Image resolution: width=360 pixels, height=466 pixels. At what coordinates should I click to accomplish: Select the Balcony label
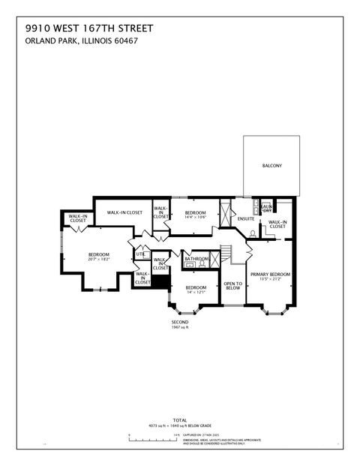tap(271, 166)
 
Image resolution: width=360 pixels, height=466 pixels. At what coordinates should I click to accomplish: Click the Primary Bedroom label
tap(270, 275)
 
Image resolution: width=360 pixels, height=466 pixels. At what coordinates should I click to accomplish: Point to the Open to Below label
tap(232, 285)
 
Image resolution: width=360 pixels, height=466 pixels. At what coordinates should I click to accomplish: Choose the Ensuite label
tap(245, 218)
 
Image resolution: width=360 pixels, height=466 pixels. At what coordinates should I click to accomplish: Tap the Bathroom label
tap(196, 259)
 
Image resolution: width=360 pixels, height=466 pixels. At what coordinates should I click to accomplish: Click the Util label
tap(139, 254)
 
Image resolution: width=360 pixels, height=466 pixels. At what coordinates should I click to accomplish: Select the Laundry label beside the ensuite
tap(265, 208)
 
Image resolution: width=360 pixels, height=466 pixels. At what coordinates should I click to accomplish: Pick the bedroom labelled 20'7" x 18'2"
tap(99, 260)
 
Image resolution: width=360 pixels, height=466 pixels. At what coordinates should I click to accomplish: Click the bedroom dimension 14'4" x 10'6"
tap(195, 218)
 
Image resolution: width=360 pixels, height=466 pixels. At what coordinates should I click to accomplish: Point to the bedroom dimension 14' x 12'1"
tap(196, 293)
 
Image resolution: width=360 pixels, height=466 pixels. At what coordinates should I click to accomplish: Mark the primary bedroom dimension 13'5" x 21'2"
tap(270, 279)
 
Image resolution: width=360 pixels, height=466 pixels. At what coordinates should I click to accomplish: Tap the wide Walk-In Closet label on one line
tap(124, 212)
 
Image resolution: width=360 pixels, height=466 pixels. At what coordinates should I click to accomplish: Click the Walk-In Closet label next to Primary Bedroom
tap(277, 224)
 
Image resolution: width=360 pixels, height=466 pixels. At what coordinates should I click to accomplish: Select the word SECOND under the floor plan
tap(181, 323)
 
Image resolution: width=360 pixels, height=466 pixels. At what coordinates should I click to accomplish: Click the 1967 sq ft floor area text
tap(181, 328)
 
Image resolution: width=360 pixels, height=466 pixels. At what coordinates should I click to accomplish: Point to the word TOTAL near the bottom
tap(180, 419)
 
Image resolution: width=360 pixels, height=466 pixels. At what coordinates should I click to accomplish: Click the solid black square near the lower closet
tap(160, 282)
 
